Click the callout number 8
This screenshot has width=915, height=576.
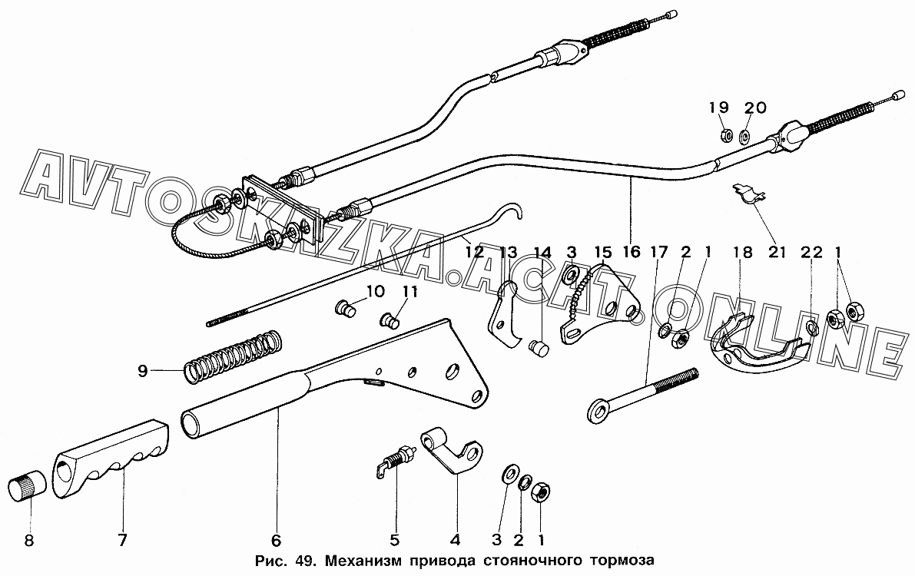[x=29, y=540]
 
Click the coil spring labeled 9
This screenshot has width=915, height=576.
[x=233, y=357]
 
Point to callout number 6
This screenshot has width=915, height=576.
[x=277, y=540]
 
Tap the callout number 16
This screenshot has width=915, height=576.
[x=630, y=252]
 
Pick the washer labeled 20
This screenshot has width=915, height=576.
[x=744, y=137]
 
